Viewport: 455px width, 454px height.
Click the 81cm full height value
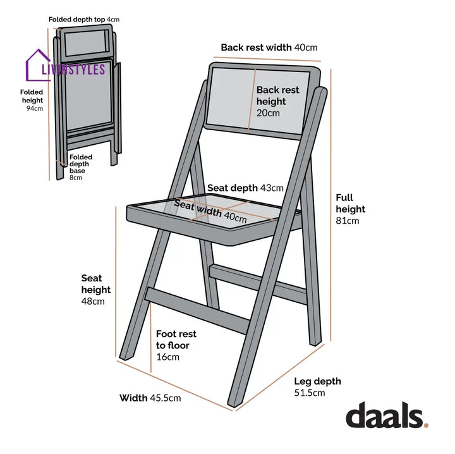pos(348,221)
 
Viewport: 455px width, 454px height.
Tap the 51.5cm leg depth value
pos(309,393)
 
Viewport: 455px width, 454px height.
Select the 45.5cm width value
pos(166,398)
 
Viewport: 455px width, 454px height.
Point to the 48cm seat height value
pos(93,302)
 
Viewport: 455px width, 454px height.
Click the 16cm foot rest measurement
pos(167,357)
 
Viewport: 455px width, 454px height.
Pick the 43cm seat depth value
pos(272,188)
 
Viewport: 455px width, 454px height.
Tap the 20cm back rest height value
pos(268,113)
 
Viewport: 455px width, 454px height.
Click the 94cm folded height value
pos(35,109)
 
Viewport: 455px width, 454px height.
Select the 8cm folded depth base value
pos(76,178)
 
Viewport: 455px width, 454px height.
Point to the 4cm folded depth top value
pos(113,20)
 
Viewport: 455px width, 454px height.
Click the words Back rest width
pos(256,47)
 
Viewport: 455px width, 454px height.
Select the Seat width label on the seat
pos(198,208)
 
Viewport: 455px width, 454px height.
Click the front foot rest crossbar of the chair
pos(197,310)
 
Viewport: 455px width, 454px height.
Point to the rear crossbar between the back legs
pos(258,284)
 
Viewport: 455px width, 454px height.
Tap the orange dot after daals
pos(426,426)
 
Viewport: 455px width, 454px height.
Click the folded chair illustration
pos(87,102)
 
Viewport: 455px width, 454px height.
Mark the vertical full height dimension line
pos(331,205)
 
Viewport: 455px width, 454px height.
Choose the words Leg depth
pos(317,381)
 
